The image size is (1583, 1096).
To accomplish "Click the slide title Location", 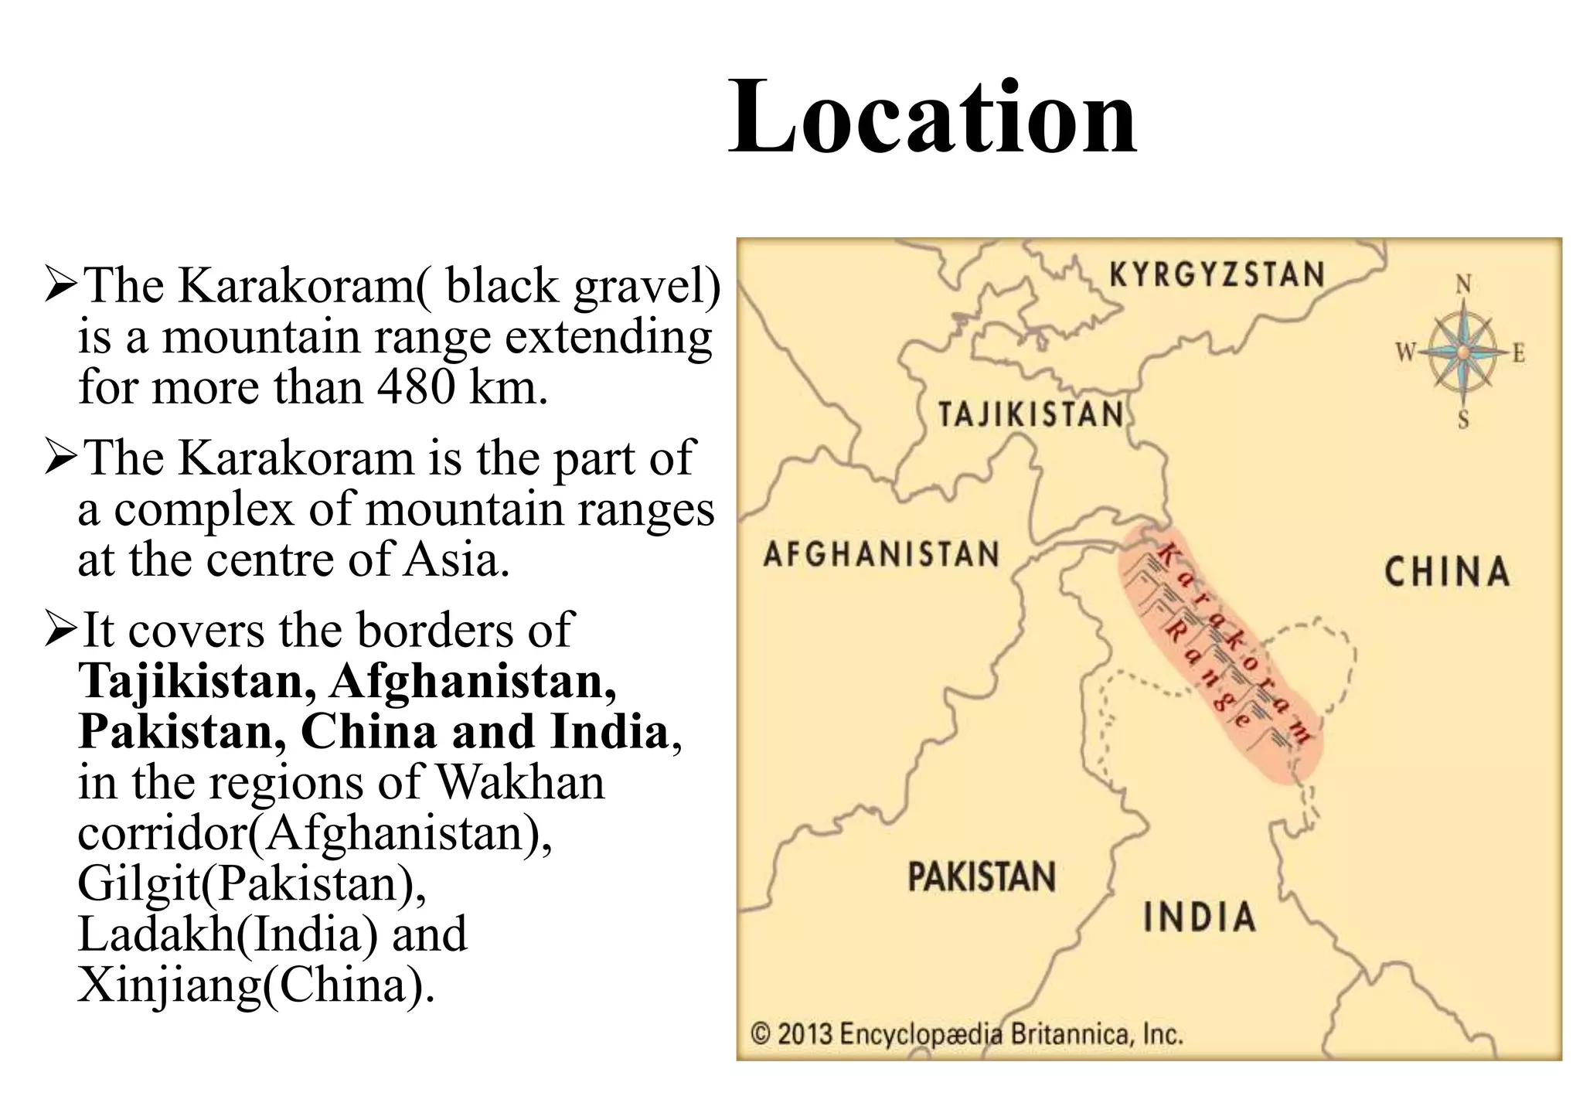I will tap(932, 117).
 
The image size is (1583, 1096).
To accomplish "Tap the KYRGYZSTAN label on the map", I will tap(1217, 275).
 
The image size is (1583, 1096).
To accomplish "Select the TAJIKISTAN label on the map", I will tap(1031, 414).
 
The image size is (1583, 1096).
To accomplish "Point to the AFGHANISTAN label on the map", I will tap(881, 554).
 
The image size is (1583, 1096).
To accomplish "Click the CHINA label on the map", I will tap(1446, 572).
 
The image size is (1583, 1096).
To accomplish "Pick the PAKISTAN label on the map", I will tap(982, 877).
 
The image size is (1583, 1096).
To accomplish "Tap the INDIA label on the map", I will tap(1199, 917).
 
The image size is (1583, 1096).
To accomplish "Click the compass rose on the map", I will tap(1462, 352).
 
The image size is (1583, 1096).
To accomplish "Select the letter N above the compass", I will tap(1463, 286).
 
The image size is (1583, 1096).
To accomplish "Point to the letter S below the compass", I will tap(1462, 421).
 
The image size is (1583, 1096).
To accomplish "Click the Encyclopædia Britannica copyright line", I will tap(967, 1033).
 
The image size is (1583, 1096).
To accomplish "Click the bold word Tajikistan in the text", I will tap(196, 682).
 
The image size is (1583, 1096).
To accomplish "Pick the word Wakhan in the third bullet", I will tap(521, 782).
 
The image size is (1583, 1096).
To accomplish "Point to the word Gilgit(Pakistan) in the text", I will tap(251, 883).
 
